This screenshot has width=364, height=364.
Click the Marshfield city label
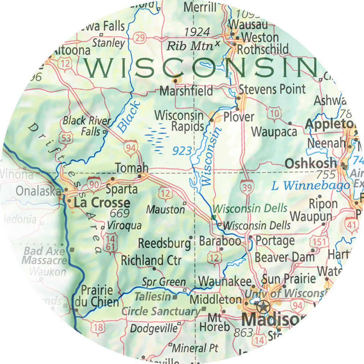click(186, 90)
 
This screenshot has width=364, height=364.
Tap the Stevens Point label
click(272, 89)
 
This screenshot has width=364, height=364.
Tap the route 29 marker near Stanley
click(140, 37)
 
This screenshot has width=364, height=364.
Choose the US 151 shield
click(317, 242)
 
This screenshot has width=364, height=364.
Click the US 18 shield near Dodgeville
click(98, 327)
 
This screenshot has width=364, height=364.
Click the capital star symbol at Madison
click(263, 305)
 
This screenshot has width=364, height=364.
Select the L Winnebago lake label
click(310, 186)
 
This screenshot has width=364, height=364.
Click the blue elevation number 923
click(182, 150)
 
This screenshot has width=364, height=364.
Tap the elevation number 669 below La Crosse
click(119, 213)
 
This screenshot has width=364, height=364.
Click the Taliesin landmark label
click(153, 297)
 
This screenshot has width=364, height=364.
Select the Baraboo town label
click(220, 241)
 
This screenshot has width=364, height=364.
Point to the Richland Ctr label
click(151, 261)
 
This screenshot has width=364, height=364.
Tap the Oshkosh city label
click(311, 163)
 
